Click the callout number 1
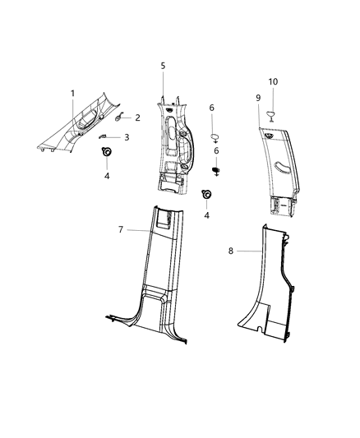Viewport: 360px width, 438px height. (x=72, y=94)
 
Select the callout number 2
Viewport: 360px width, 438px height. (x=137, y=118)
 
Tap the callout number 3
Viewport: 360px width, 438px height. (x=127, y=137)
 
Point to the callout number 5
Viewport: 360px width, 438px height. (x=163, y=65)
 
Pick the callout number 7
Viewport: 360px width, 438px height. (x=120, y=229)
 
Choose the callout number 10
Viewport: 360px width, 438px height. (x=274, y=81)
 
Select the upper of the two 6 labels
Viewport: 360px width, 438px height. (x=211, y=108)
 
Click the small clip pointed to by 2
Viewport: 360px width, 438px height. (x=119, y=119)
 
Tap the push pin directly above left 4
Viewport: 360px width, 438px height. (x=106, y=153)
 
